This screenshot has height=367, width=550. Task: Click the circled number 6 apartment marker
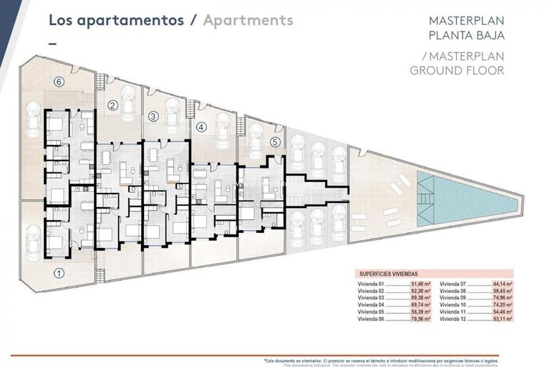[59, 82]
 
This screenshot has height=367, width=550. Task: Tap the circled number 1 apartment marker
[59, 272]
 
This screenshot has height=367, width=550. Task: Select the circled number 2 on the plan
[112, 106]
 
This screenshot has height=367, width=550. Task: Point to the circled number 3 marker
[153, 116]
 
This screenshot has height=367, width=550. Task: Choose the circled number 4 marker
[201, 128]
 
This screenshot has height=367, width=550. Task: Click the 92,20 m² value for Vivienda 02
[420, 292]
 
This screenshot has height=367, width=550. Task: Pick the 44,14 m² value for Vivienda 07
[505, 285]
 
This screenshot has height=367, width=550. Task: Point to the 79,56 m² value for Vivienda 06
[420, 320]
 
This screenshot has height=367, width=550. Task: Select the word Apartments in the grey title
[248, 20]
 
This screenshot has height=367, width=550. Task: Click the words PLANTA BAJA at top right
[465, 34]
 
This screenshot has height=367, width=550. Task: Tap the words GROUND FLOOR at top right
[457, 70]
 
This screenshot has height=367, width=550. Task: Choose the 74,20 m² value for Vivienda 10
[505, 306]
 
